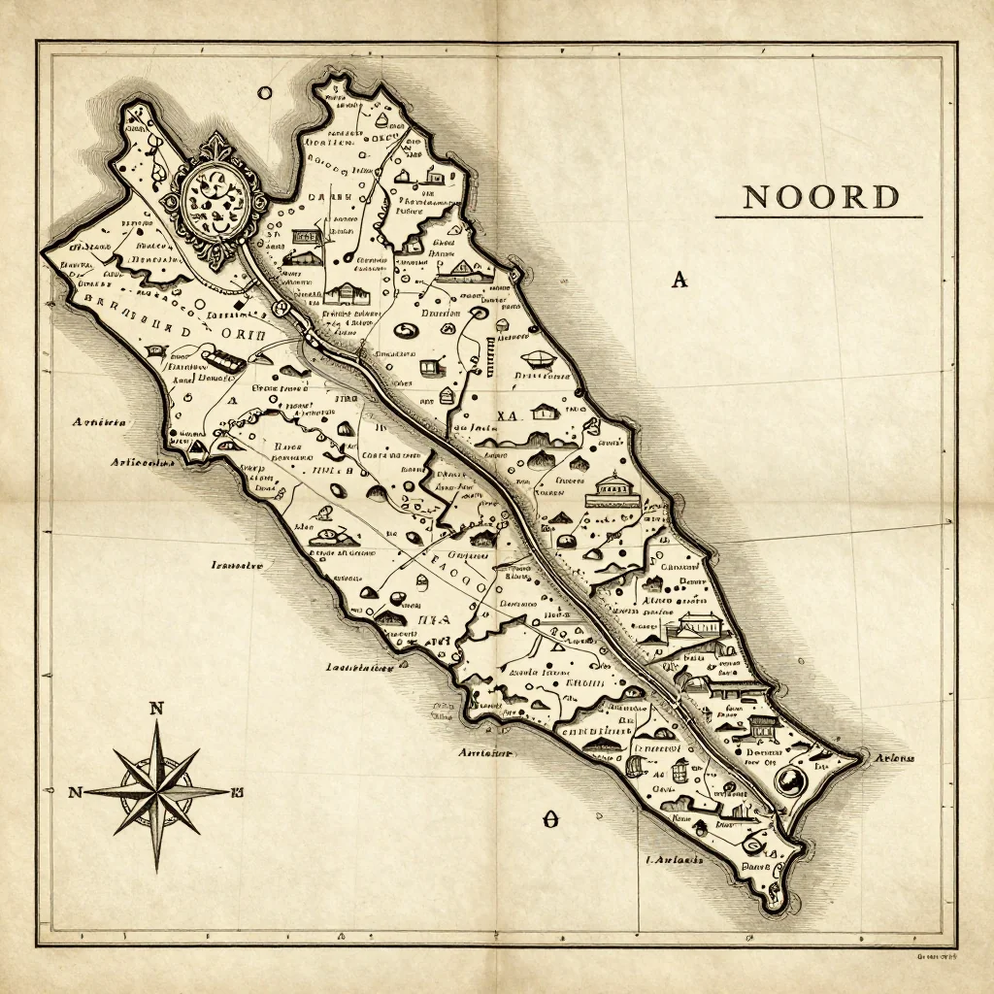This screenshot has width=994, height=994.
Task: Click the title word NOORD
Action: coord(820,197)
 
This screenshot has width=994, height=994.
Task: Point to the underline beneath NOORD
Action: coord(818,217)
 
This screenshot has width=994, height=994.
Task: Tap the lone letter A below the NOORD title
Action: coord(679,281)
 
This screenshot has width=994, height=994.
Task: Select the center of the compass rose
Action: coord(155,791)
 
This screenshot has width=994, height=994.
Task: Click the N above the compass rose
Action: coord(155,709)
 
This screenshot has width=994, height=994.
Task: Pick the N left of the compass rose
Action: coord(75,792)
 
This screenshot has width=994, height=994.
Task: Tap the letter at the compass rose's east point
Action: coord(236,791)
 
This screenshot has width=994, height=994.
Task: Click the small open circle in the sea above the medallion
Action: coord(264,93)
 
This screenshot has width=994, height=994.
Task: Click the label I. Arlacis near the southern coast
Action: coord(674,859)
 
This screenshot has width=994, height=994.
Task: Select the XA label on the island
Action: coord(509,416)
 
